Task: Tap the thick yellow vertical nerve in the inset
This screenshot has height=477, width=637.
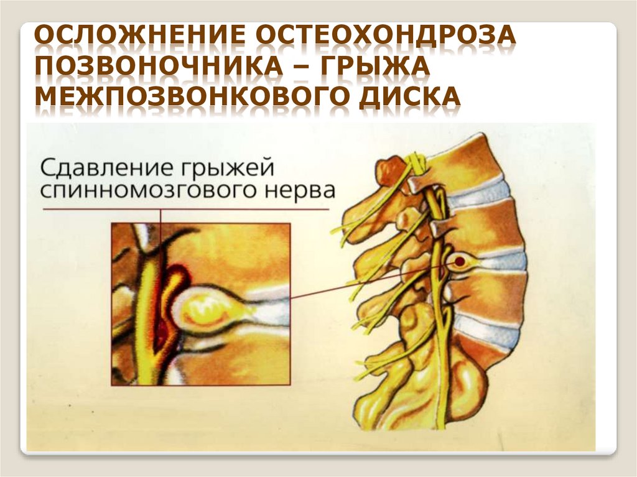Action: [x=147, y=311]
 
